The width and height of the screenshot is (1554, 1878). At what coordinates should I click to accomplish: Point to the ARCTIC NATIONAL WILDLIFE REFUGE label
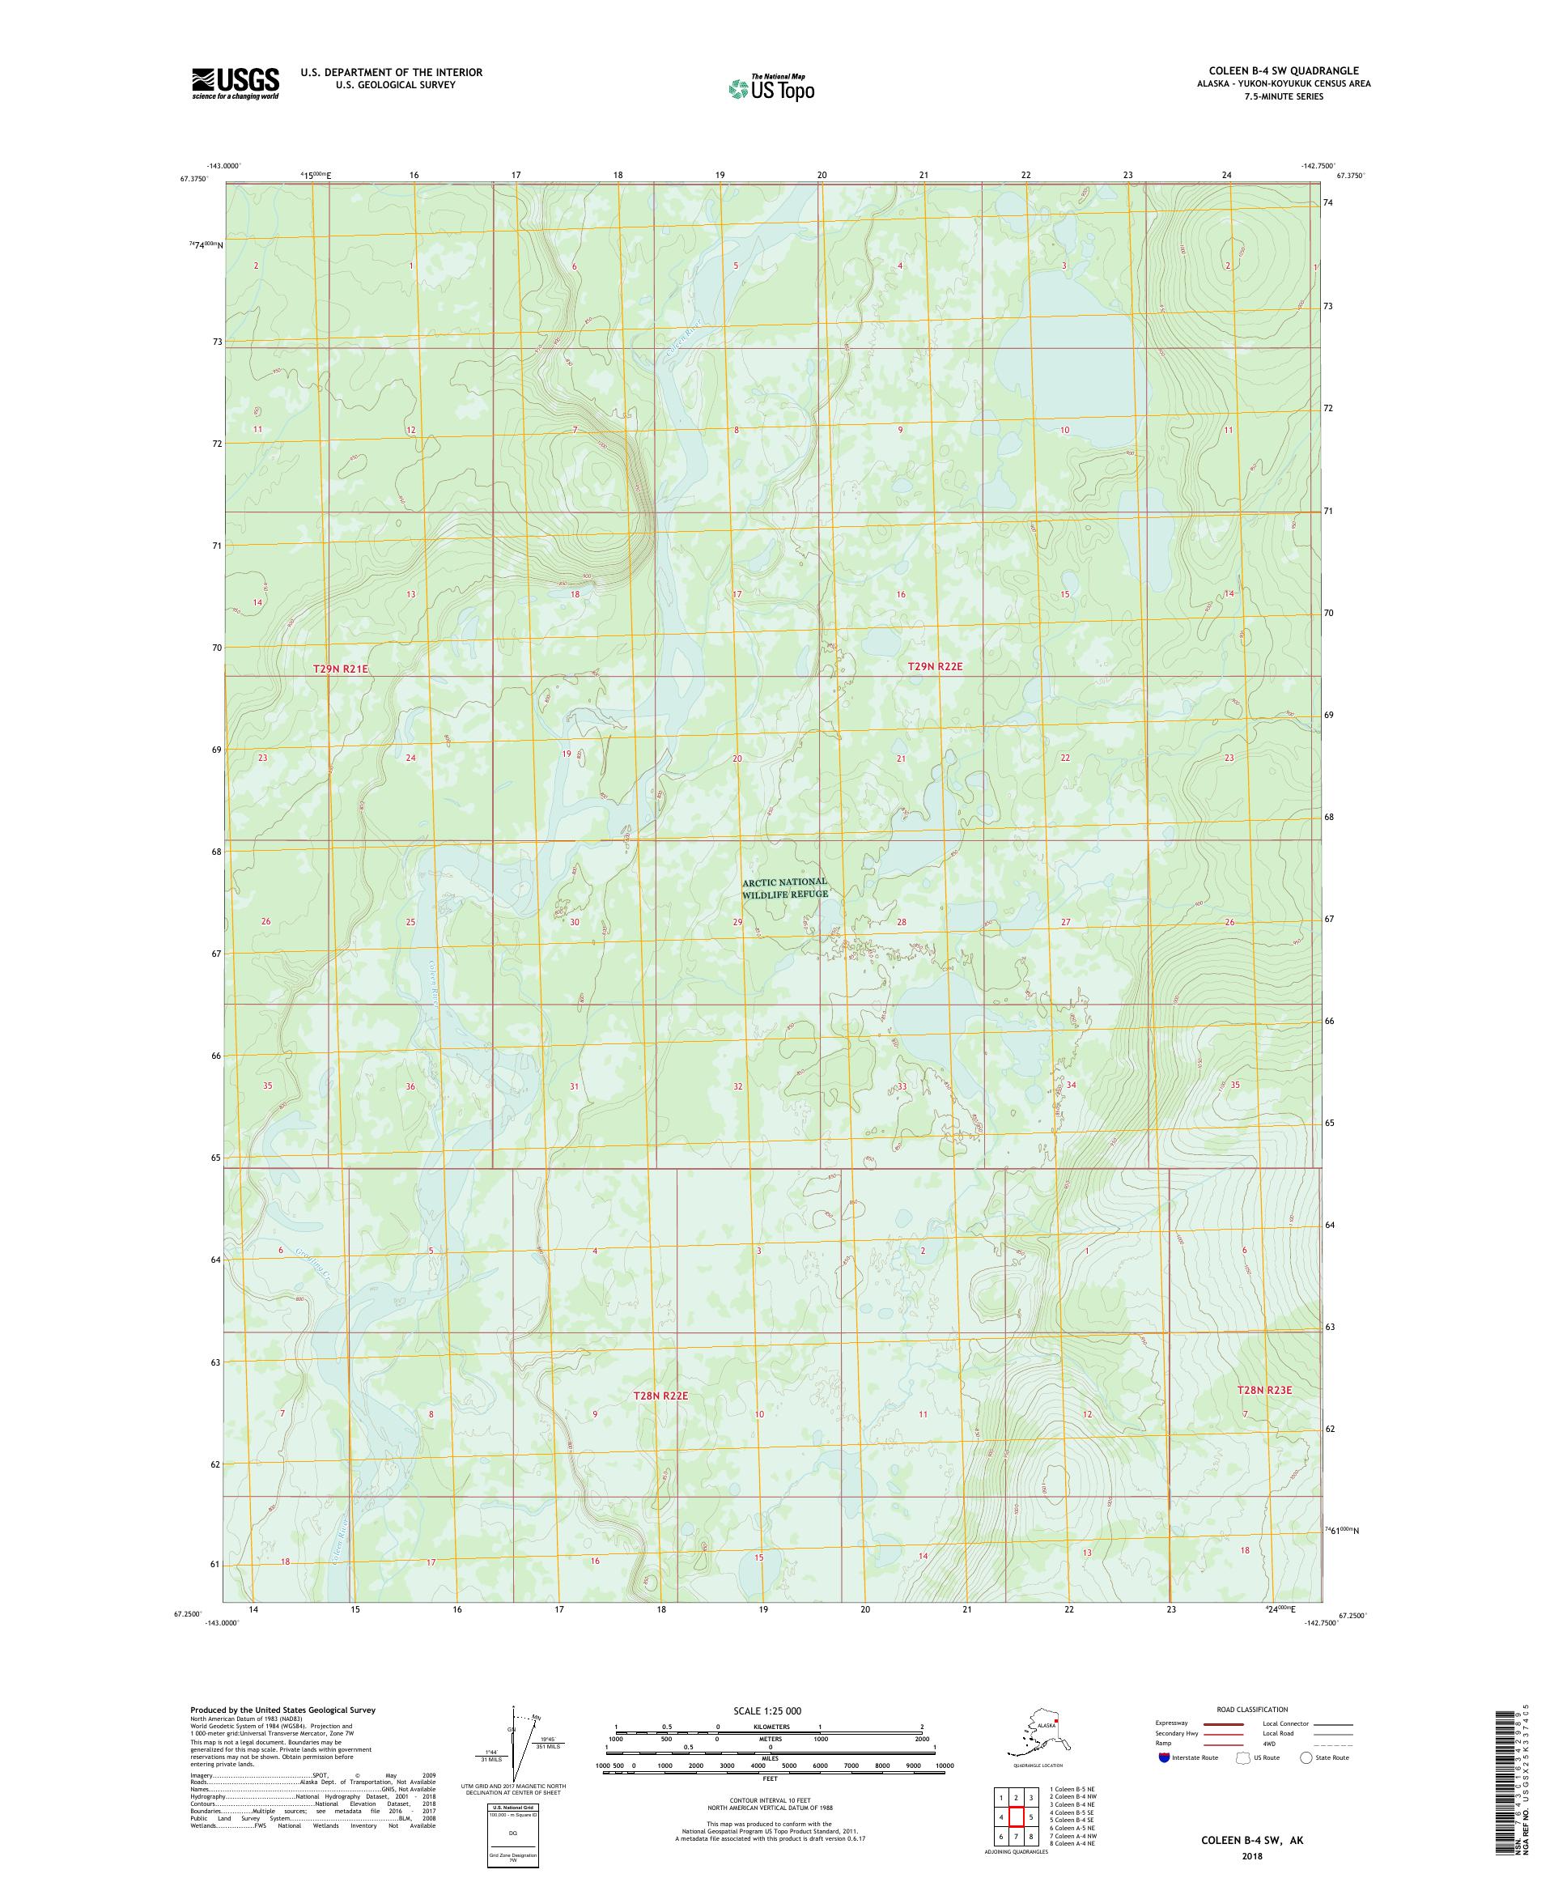coord(785,887)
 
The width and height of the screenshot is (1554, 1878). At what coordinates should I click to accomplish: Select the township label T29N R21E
coord(340,669)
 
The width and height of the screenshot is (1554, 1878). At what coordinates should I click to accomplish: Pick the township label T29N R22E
coord(934,666)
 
